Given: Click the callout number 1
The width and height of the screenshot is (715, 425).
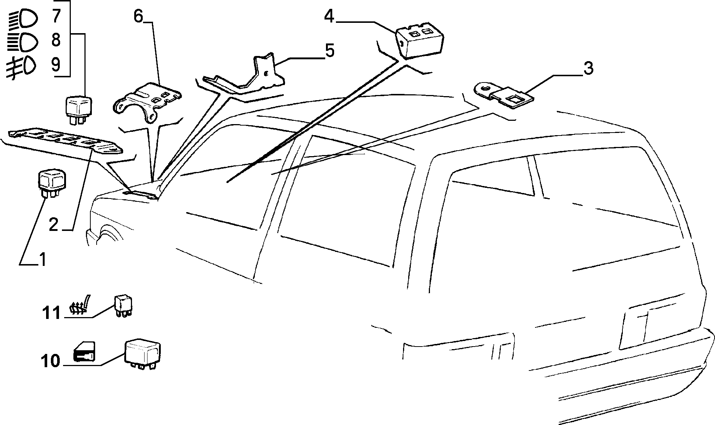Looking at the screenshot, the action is [x=43, y=260].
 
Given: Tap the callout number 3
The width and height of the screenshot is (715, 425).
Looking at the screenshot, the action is [x=589, y=69].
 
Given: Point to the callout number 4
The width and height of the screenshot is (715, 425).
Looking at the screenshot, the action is [x=329, y=17].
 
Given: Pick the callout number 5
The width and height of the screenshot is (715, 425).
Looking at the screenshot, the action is [x=329, y=51].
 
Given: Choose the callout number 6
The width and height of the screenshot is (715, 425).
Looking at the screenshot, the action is [x=138, y=17].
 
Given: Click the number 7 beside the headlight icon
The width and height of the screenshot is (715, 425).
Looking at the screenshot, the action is [x=56, y=17].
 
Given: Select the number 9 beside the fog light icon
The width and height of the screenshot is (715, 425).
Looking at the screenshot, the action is [x=56, y=65].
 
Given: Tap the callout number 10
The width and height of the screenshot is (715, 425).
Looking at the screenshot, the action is [x=51, y=361].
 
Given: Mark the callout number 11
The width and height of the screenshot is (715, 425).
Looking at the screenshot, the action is [x=51, y=313].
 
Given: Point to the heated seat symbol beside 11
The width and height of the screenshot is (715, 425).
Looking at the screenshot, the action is [x=80, y=305].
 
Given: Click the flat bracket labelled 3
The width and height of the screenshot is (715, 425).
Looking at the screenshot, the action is [x=503, y=95].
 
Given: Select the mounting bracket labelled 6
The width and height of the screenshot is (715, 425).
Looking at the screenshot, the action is [x=147, y=102].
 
